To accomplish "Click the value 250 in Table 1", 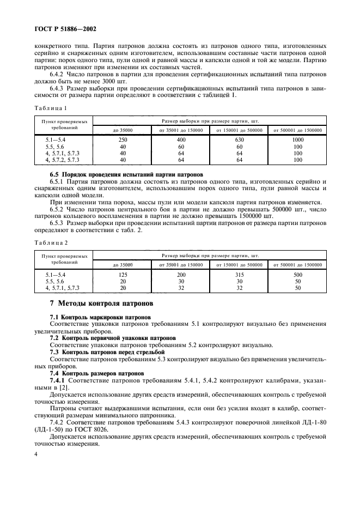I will [122, 140].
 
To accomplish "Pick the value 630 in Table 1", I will [239, 140].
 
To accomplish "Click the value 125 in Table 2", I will [122, 275].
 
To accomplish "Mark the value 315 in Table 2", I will [239, 275].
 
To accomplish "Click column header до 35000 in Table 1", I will [122, 130].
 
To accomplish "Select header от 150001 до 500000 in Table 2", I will [239, 265].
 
